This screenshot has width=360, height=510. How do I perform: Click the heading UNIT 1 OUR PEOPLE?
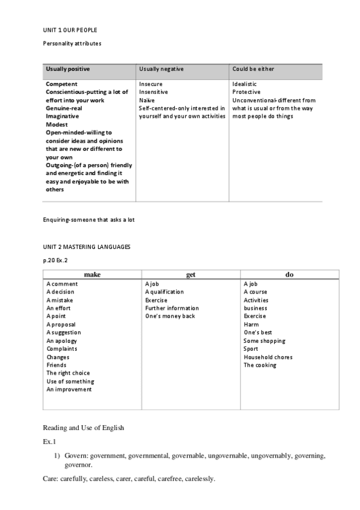(70, 30)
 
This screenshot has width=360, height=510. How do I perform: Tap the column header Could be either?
(253, 69)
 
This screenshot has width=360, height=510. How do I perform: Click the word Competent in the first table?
(61, 84)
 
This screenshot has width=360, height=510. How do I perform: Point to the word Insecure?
(151, 84)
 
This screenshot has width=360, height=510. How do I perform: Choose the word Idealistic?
(245, 84)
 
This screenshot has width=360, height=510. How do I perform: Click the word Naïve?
(147, 100)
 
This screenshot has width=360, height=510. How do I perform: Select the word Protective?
(246, 92)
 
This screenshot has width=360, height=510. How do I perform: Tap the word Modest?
(56, 124)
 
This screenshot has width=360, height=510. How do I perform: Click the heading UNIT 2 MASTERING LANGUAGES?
(86, 247)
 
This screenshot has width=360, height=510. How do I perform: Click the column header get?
(191, 274)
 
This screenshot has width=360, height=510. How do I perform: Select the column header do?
(289, 274)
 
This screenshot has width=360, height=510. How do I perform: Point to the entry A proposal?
(61, 324)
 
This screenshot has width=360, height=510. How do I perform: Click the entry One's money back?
(170, 316)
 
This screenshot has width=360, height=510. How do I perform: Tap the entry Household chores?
(268, 357)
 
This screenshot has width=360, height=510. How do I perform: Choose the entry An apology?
(62, 341)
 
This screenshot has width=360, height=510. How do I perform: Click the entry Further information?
(172, 309)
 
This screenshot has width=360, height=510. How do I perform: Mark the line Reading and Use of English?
(83, 428)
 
